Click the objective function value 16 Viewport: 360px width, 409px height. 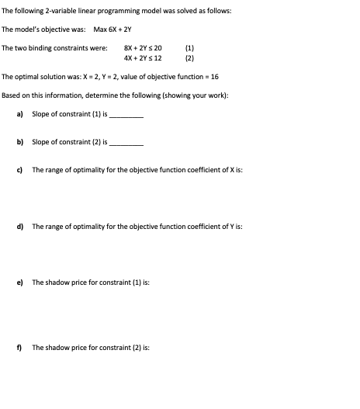[214, 78]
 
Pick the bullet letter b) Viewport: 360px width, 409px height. [20, 142]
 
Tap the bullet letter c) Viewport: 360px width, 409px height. [20, 170]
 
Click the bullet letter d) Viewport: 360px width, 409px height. [20, 227]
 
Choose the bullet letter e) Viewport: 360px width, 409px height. [20, 282]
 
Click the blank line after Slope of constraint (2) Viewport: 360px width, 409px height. [128, 144]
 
